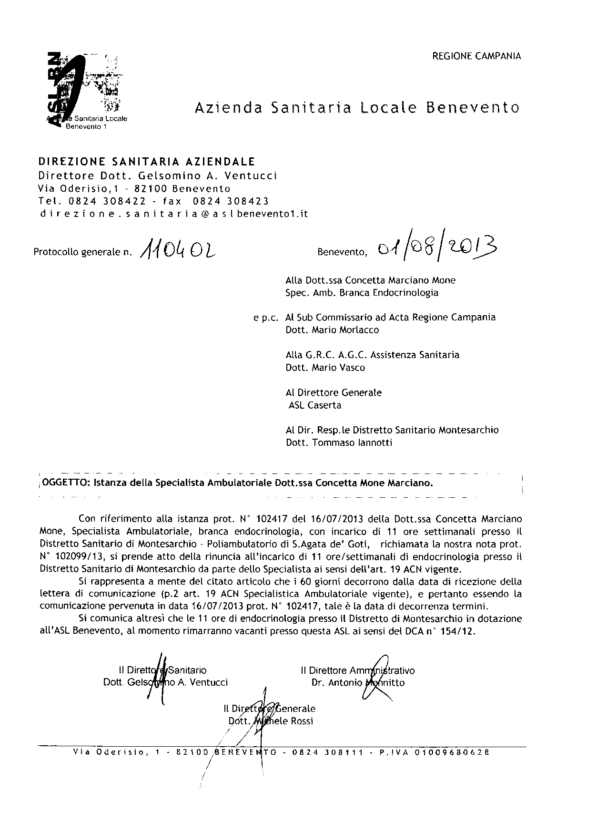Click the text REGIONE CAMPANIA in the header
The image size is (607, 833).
pyautogui.click(x=476, y=56)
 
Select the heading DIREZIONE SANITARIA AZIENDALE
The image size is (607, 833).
pyautogui.click(x=147, y=162)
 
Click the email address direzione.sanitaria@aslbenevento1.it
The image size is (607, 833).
pyautogui.click(x=173, y=214)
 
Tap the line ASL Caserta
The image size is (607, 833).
pyautogui.click(x=315, y=405)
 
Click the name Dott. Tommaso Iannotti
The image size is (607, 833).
pyautogui.click(x=339, y=442)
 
